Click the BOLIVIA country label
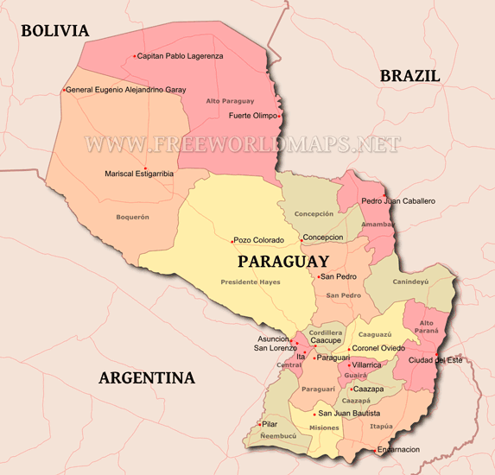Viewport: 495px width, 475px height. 55,31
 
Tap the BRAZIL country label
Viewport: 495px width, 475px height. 409,76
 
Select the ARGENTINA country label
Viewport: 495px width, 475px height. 146,377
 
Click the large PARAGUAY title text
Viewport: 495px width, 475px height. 282,261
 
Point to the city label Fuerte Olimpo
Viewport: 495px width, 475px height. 252,115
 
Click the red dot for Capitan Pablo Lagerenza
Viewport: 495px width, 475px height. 135,56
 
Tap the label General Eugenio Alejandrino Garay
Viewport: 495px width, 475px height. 126,89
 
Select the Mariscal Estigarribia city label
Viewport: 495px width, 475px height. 139,173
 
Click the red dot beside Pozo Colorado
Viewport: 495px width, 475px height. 232,240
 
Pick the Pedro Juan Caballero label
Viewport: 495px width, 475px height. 398,201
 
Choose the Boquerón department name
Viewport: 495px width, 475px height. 133,217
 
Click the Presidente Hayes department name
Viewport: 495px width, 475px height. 251,282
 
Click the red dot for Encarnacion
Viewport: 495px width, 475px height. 374,450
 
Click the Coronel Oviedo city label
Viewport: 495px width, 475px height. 379,348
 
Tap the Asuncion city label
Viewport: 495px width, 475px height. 274,339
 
